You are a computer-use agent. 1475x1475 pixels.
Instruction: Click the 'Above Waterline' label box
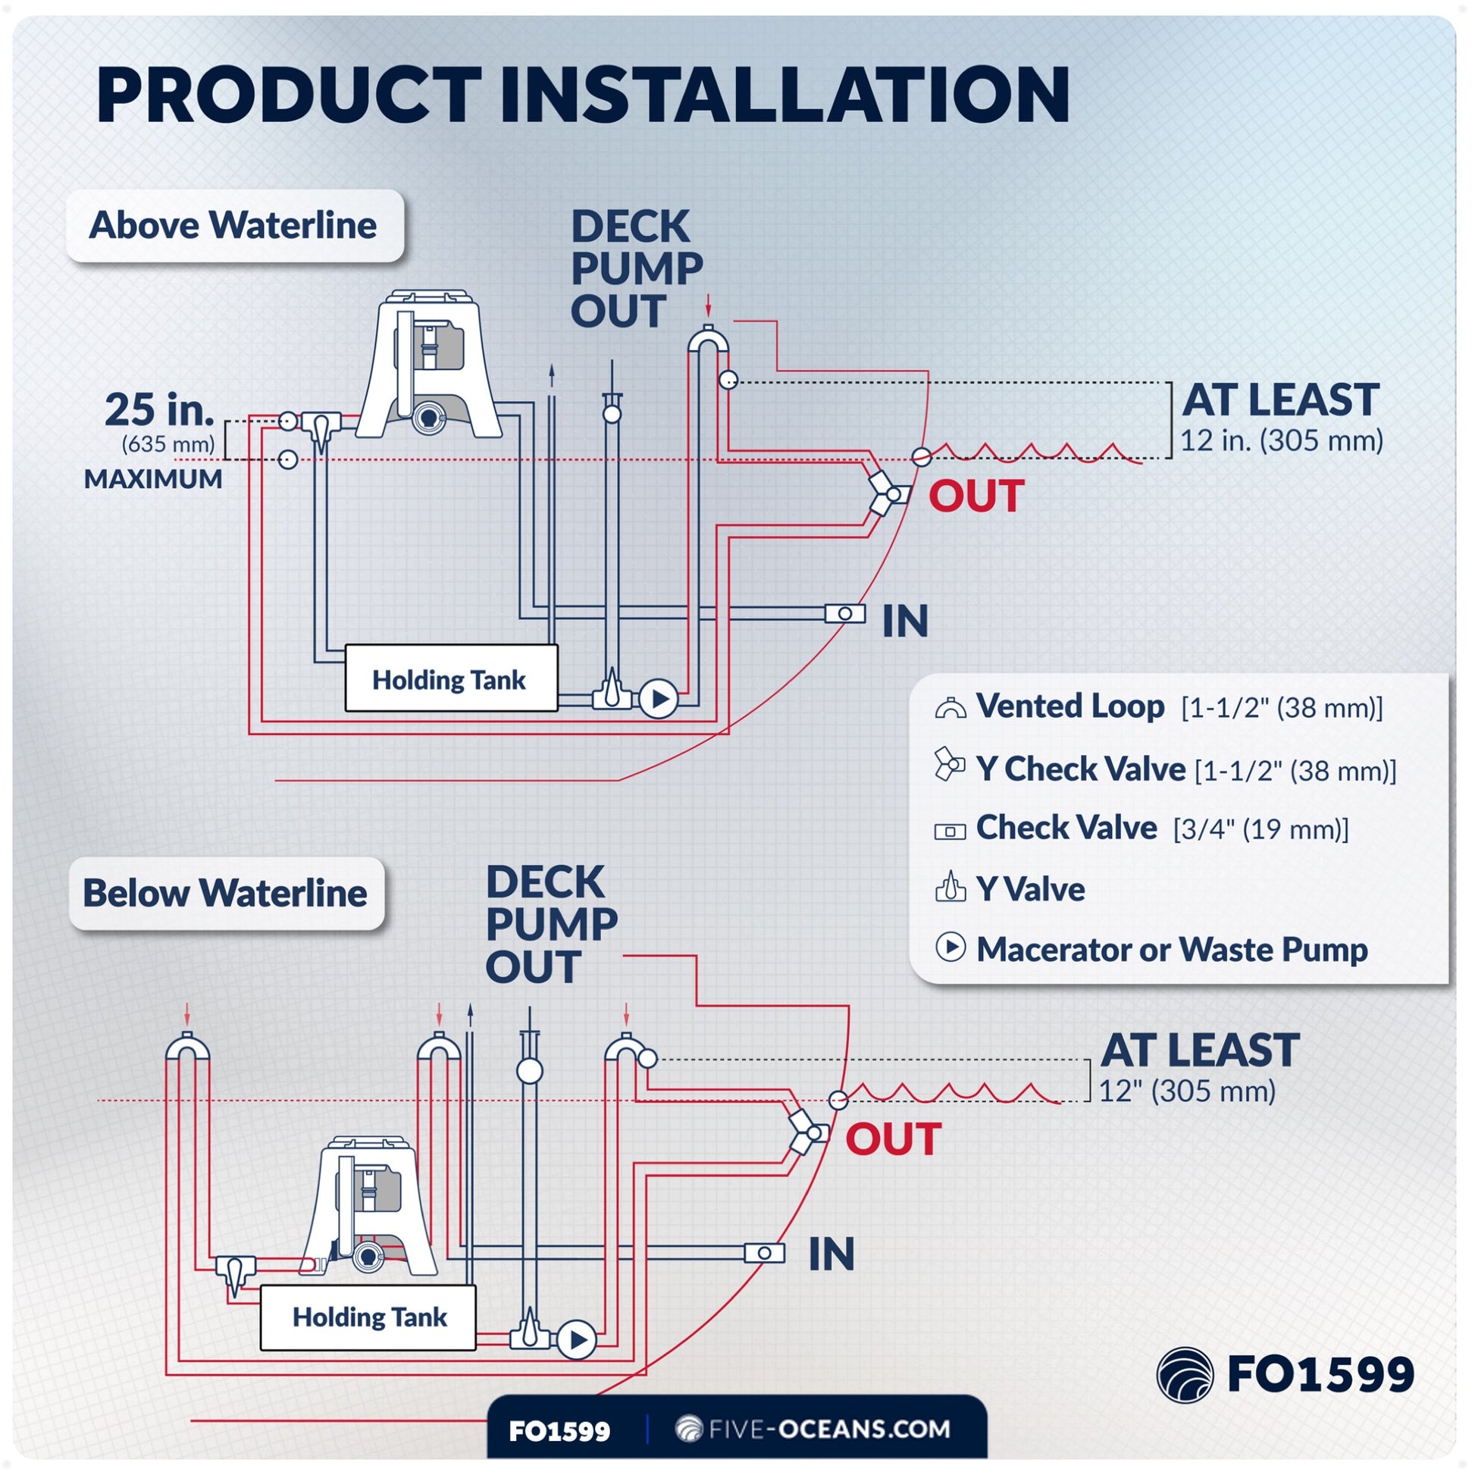pyautogui.click(x=234, y=226)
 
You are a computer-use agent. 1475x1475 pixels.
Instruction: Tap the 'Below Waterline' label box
pyautogui.click(x=226, y=893)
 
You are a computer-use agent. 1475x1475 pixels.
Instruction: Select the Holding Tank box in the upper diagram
pyautogui.click(x=451, y=678)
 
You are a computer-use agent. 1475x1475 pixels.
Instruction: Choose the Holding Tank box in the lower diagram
pyautogui.click(x=368, y=1317)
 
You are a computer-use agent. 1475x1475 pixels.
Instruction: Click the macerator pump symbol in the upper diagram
pyautogui.click(x=658, y=699)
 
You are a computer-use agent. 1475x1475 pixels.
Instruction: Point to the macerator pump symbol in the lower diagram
pyautogui.click(x=576, y=1340)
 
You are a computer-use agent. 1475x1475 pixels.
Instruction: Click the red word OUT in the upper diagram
pyautogui.click(x=976, y=496)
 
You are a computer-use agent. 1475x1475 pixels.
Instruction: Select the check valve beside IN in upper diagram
pyautogui.click(x=845, y=613)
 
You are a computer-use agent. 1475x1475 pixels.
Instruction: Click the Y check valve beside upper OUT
pyautogui.click(x=888, y=493)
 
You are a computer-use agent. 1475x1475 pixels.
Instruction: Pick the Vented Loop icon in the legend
pyautogui.click(x=950, y=708)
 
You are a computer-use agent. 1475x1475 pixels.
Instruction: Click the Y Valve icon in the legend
pyautogui.click(x=950, y=888)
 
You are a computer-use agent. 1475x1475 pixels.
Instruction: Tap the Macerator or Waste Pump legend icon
pyautogui.click(x=950, y=947)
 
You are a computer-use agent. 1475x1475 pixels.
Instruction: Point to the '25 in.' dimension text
pyautogui.click(x=159, y=410)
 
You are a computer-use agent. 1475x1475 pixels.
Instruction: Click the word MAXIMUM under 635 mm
pyautogui.click(x=153, y=480)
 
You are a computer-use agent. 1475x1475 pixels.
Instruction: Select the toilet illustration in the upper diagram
pyautogui.click(x=429, y=366)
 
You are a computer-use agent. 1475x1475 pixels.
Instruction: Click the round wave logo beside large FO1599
pyautogui.click(x=1184, y=1375)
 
